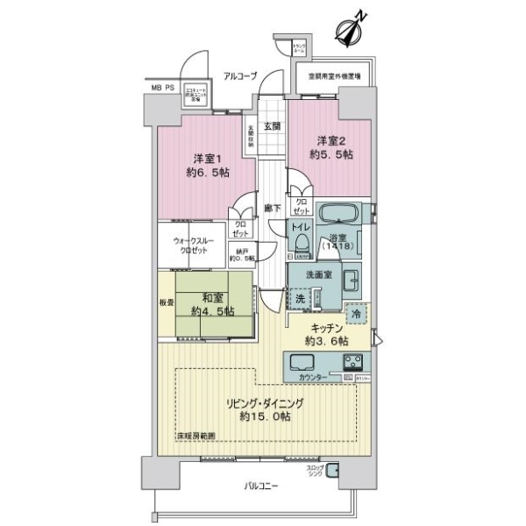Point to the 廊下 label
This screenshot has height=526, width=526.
click(x=272, y=209)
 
